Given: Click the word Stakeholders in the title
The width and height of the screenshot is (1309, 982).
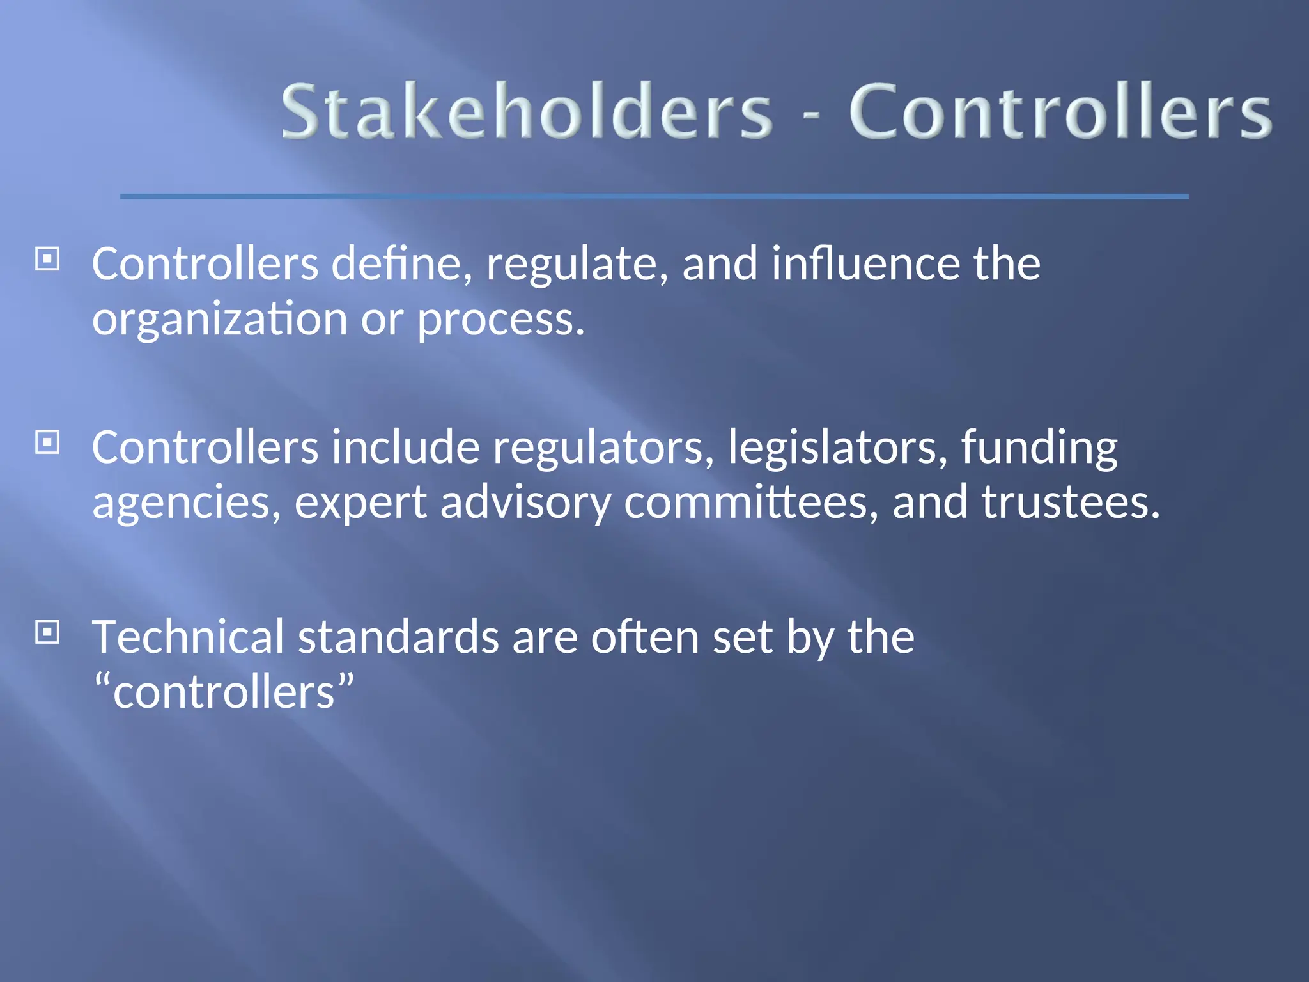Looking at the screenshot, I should (527, 112).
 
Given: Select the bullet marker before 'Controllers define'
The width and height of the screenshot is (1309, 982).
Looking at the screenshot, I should (47, 260).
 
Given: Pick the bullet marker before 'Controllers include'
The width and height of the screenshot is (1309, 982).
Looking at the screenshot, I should (47, 442).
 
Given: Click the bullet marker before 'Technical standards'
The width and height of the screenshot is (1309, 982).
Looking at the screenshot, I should (47, 632).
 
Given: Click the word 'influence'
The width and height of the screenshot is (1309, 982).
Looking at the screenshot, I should (865, 263).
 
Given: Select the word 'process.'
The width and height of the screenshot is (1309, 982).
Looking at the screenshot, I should (500, 320).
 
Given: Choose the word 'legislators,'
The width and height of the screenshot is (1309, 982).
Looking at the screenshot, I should (837, 448).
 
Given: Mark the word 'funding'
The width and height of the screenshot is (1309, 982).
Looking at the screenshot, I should (1039, 448).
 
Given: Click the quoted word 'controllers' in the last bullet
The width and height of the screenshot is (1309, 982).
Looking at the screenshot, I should (224, 692).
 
